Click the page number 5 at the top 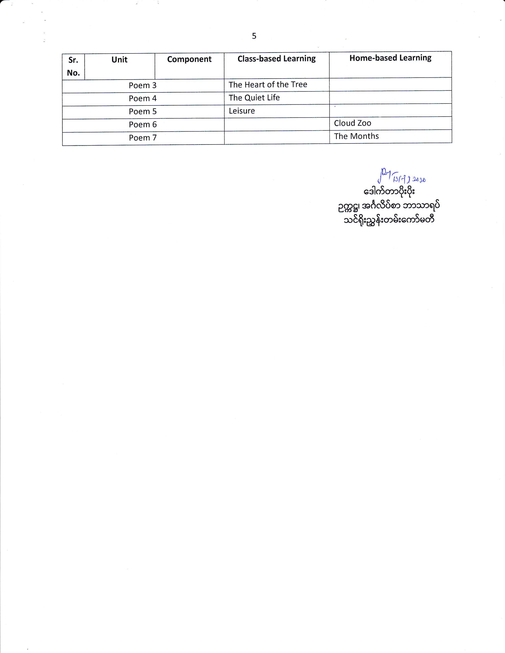tap(254, 36)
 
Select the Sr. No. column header tap(73, 66)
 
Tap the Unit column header tap(119, 60)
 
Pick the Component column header tap(189, 59)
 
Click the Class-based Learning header tap(276, 59)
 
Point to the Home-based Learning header tap(390, 58)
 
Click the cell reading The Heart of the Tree tap(268, 85)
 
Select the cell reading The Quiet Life tap(254, 98)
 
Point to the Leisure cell tap(242, 111)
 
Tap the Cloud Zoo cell tap(353, 123)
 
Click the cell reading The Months tap(356, 136)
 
